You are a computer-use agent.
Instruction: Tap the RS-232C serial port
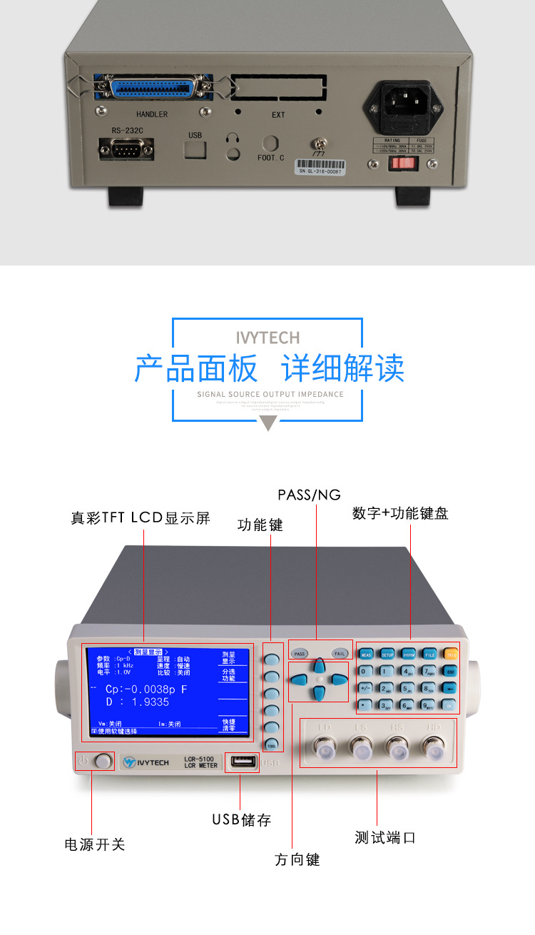(128, 150)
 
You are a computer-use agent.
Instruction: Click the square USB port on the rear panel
(195, 148)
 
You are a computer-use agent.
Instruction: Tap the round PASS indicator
(300, 653)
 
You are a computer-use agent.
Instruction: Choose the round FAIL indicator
(340, 653)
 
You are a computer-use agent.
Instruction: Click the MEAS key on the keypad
(365, 654)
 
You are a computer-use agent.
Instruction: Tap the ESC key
(450, 671)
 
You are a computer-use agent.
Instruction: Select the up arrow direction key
(320, 664)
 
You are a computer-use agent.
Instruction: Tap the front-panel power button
(103, 761)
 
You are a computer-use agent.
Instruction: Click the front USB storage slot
(242, 762)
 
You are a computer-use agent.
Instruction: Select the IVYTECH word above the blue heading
(267, 338)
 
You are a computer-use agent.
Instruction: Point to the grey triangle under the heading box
(267, 423)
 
